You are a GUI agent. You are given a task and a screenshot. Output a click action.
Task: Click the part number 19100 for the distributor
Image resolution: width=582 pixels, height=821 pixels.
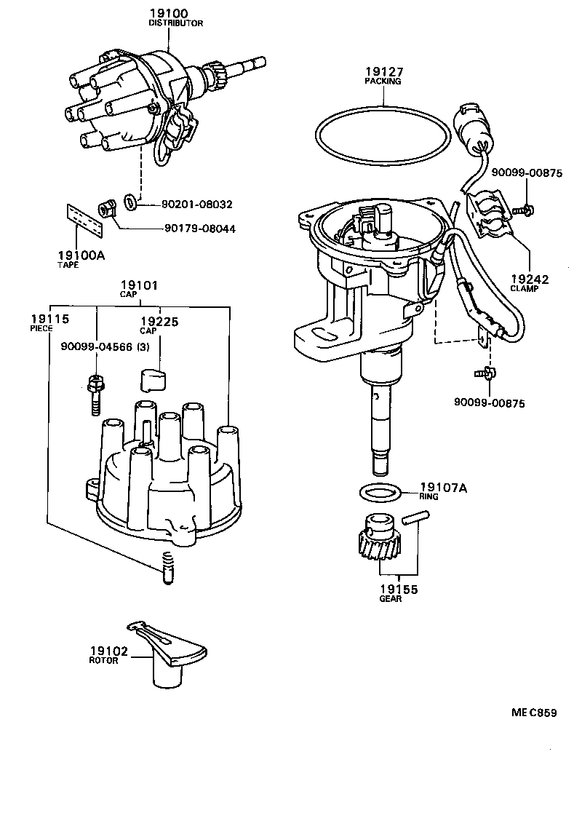(x=169, y=13)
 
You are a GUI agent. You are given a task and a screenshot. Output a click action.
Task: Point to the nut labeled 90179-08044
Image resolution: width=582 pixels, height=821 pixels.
(x=105, y=210)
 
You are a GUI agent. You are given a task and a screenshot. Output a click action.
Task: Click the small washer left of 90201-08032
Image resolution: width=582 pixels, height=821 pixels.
(x=130, y=202)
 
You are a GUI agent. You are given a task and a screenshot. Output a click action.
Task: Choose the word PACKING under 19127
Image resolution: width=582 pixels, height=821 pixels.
(x=383, y=82)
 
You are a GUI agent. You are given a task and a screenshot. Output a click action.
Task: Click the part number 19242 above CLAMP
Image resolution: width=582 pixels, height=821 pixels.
(x=529, y=279)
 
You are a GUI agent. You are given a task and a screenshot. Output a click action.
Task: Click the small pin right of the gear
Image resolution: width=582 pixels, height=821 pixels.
(x=418, y=518)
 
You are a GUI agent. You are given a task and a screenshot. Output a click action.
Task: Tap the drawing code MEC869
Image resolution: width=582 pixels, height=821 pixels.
(x=533, y=713)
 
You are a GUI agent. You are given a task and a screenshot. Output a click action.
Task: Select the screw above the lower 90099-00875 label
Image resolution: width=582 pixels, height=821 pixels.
(x=484, y=374)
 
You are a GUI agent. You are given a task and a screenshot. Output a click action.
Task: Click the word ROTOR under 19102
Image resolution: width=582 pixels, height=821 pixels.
(x=103, y=660)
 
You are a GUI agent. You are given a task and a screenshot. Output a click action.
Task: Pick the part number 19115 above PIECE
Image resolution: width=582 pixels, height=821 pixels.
(x=49, y=319)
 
